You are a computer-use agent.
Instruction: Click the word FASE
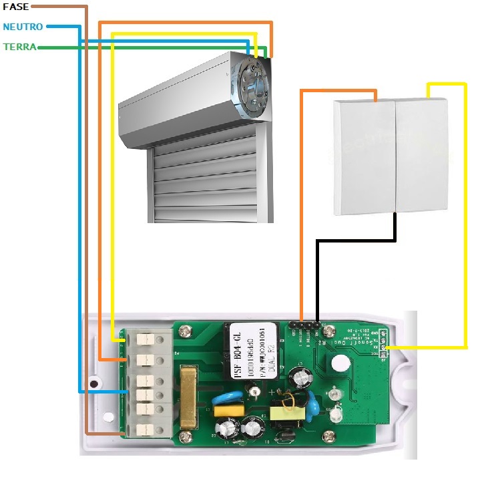click(x=15, y=6)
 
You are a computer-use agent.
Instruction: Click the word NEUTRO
click(x=23, y=27)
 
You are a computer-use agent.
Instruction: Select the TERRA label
click(x=19, y=47)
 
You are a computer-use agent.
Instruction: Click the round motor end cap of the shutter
click(x=253, y=86)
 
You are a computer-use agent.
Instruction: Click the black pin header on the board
click(x=304, y=327)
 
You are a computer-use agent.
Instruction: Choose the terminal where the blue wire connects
click(x=142, y=393)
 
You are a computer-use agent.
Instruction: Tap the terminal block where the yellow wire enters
click(x=142, y=339)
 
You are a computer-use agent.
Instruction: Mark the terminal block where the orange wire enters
click(x=142, y=360)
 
